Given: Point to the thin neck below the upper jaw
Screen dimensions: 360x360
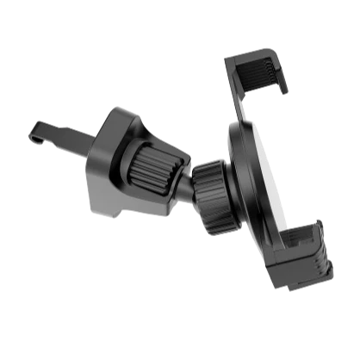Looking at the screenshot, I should pos(245,108).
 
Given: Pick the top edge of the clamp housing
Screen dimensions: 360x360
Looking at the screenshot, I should pos(121,112).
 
